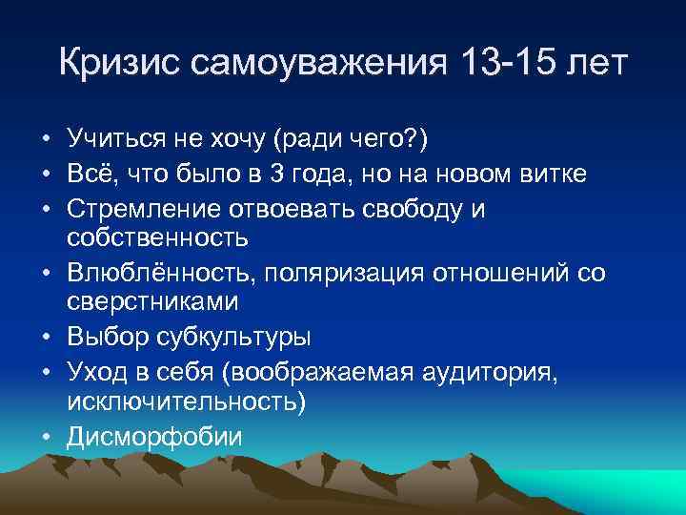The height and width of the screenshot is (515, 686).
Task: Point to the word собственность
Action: tap(157, 237)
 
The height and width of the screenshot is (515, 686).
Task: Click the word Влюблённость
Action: tap(155, 274)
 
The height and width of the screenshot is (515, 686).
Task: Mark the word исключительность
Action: tap(184, 401)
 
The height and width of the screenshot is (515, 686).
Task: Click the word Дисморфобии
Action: tap(154, 437)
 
